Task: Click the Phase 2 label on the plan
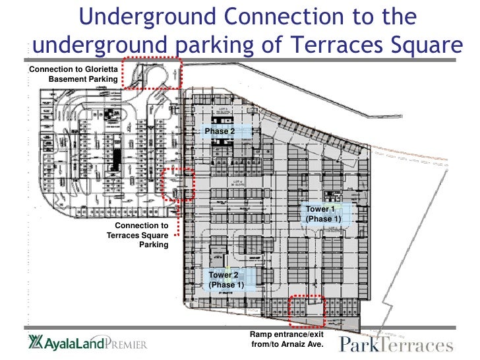(x=220, y=132)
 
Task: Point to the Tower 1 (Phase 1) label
(x=322, y=214)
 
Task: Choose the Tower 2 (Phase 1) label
(x=226, y=280)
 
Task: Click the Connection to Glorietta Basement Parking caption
(x=73, y=73)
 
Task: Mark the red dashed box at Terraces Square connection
(x=179, y=184)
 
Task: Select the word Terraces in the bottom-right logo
(x=420, y=345)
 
